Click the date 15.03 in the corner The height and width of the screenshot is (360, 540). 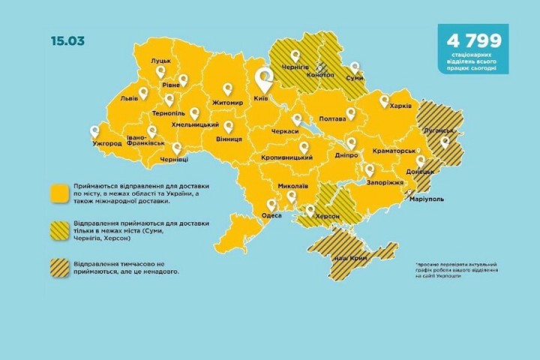pos(68,40)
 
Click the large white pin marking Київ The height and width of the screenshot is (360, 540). pos(264,79)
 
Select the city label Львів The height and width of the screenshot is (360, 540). pos(129,98)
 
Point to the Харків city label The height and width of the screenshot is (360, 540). pos(401,106)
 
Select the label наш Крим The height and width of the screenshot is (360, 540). pos(346,257)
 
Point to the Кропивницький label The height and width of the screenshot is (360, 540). pos(286,159)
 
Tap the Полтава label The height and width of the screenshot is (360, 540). pos(332,118)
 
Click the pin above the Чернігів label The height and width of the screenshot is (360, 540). pos(295,55)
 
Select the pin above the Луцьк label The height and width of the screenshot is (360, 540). pos(160,71)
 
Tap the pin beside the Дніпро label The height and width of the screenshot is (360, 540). pos(351,142)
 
